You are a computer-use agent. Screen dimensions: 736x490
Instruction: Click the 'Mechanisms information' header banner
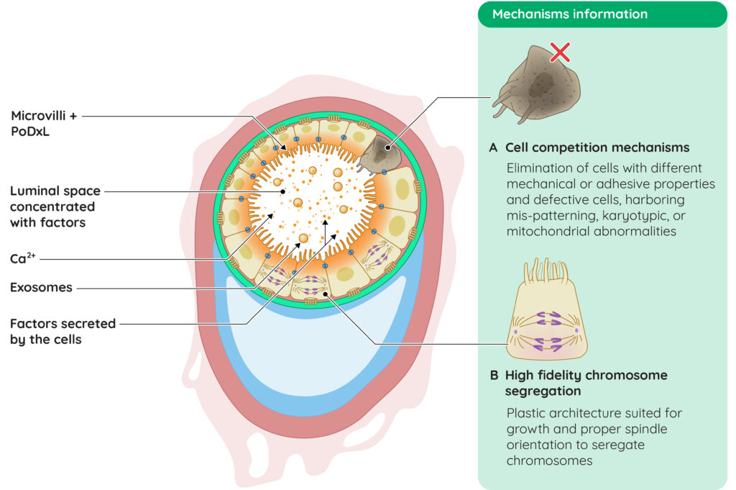coord(602,14)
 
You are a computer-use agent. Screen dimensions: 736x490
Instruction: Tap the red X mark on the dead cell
coord(560,52)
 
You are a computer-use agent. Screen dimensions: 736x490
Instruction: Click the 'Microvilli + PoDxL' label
coord(44,124)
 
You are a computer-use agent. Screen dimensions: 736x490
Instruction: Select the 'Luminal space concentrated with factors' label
coord(55,207)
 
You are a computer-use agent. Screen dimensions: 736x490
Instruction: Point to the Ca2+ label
coord(22,258)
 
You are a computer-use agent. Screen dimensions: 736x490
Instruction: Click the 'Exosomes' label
coord(41,288)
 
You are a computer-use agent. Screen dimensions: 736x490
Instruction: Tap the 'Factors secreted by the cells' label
coord(63,332)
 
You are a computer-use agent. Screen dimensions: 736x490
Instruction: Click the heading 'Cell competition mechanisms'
coord(597,148)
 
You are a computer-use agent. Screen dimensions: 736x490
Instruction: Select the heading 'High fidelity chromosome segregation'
coord(586,383)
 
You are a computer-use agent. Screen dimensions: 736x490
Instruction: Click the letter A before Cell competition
coord(493,148)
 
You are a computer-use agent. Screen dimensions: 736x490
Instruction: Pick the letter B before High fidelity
coord(494,376)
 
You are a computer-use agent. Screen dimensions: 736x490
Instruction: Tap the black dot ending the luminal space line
coord(283,191)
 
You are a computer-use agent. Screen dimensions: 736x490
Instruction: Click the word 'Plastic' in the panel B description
coord(525,413)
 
